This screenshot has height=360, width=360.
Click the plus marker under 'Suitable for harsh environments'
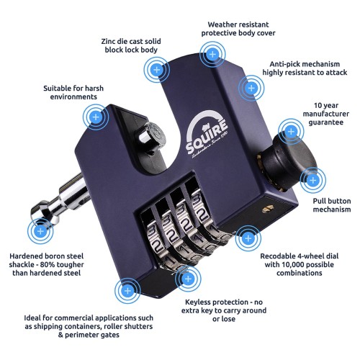click(96, 117)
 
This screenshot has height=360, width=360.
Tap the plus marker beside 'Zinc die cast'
click(157, 70)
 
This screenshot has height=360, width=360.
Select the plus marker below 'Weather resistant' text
click(212, 55)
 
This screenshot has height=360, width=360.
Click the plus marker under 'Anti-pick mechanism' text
click(251, 88)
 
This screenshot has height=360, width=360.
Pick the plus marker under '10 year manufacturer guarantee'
click(291, 132)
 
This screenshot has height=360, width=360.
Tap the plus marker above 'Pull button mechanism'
click(313, 180)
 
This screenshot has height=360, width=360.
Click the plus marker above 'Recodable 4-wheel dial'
click(248, 238)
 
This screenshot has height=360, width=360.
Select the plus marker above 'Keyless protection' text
click(188, 279)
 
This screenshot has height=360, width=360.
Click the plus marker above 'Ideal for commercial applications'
click(127, 291)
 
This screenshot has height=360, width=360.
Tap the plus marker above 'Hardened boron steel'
click(40, 231)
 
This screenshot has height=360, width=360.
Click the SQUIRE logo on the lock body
click(207, 135)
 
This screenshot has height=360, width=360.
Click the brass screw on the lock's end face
click(267, 209)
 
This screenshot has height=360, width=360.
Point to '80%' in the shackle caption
click(48, 265)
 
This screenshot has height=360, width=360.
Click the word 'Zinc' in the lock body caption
click(109, 42)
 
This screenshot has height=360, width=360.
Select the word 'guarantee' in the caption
click(325, 122)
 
